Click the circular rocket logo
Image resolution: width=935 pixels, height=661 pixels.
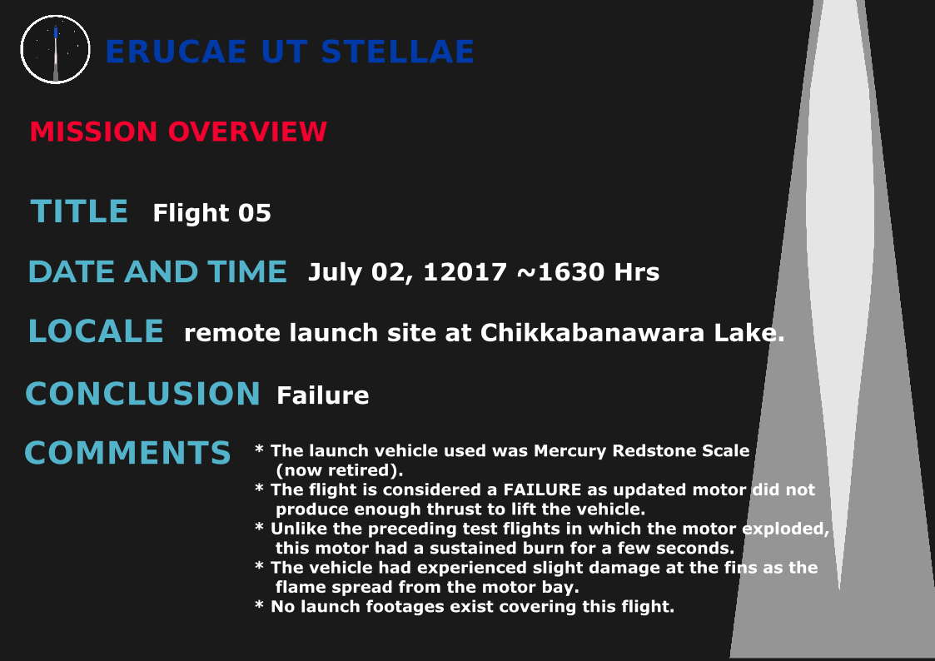click(x=56, y=49)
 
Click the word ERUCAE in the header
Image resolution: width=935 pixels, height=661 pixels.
click(x=176, y=52)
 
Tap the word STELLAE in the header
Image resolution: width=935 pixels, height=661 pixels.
click(x=398, y=52)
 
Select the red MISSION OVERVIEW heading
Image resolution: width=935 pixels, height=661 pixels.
click(x=178, y=132)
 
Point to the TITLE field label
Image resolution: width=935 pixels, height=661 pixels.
click(x=79, y=211)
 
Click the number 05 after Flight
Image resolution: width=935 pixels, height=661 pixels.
click(x=255, y=213)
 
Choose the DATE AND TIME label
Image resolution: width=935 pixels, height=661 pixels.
click(x=157, y=271)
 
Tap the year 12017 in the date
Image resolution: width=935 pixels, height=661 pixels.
click(x=465, y=272)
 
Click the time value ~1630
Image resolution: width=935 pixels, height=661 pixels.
click(x=560, y=272)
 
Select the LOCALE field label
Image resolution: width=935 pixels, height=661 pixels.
click(x=96, y=331)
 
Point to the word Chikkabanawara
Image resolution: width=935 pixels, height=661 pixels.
click(x=592, y=333)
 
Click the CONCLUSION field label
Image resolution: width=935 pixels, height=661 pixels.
click(x=142, y=394)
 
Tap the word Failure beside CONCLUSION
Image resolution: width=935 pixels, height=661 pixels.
click(x=322, y=395)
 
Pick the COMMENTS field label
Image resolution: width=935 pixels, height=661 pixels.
click(x=127, y=453)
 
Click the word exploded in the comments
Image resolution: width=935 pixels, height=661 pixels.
click(x=786, y=529)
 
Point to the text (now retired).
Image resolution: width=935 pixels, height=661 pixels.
click(x=340, y=470)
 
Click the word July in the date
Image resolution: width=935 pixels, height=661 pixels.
click(x=336, y=273)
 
